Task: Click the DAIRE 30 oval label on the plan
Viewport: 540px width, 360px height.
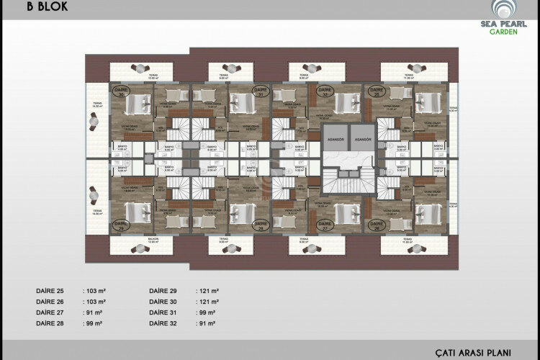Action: (121, 91)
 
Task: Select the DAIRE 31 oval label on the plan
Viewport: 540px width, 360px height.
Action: (239, 91)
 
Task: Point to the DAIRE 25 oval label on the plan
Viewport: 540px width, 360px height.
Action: (374, 91)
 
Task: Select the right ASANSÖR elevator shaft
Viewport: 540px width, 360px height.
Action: (363, 139)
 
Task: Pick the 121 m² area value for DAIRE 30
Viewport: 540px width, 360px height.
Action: (209, 302)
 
